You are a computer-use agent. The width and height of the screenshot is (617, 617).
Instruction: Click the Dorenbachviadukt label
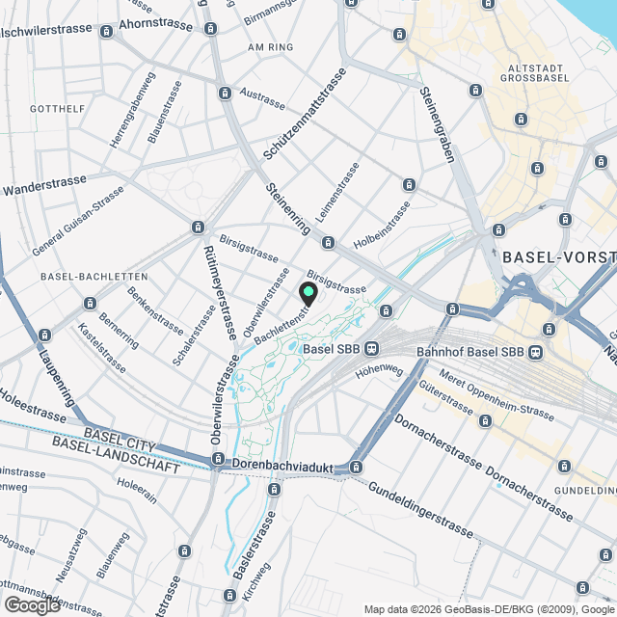tap(282, 465)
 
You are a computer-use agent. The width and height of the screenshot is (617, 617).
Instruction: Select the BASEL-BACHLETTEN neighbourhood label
tap(94, 276)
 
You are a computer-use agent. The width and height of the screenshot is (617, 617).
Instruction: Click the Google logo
tap(32, 604)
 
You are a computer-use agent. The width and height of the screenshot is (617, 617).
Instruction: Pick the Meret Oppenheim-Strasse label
tap(495, 397)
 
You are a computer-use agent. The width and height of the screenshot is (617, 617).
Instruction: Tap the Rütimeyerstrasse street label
tap(221, 288)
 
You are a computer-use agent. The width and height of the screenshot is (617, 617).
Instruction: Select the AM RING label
tap(269, 46)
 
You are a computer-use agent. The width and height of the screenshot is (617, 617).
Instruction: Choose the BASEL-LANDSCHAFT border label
tap(118, 456)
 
